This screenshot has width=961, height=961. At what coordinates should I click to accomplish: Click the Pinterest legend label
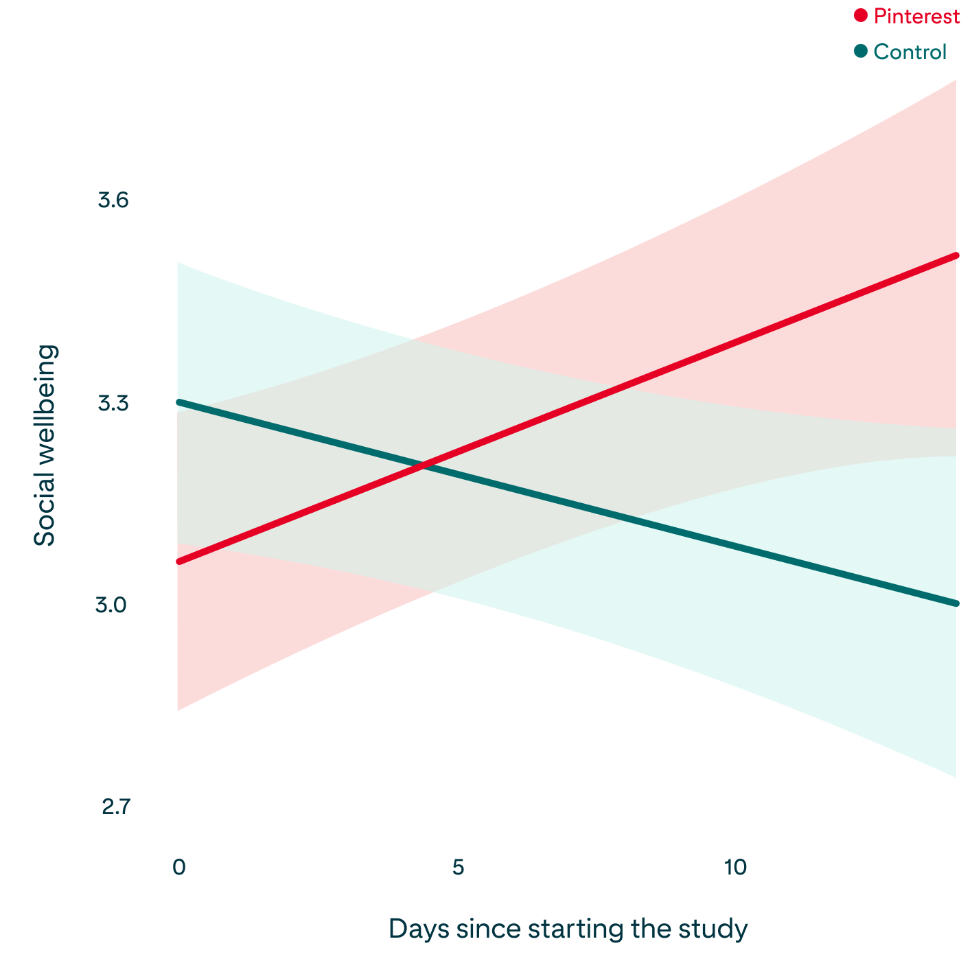pyautogui.click(x=916, y=16)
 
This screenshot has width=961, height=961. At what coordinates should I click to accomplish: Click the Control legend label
pyautogui.click(x=910, y=52)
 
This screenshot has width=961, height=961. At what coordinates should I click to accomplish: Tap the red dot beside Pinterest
pyautogui.click(x=861, y=15)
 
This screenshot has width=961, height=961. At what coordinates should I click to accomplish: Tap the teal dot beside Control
pyautogui.click(x=861, y=51)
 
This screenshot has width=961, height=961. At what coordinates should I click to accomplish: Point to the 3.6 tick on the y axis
pyautogui.click(x=113, y=200)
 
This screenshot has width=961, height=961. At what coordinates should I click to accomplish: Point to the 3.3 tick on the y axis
pyautogui.click(x=113, y=403)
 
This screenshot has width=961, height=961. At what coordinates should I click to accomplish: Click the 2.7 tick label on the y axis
pyautogui.click(x=115, y=807)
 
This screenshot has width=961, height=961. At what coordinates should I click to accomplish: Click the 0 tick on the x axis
pyautogui.click(x=178, y=867)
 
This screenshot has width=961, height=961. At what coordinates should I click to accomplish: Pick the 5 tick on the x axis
pyautogui.click(x=458, y=867)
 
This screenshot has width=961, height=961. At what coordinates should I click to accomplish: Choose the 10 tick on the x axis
pyautogui.click(x=735, y=867)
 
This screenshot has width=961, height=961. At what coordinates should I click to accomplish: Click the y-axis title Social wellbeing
pyautogui.click(x=45, y=445)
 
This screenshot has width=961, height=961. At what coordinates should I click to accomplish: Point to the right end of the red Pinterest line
pyautogui.click(x=957, y=255)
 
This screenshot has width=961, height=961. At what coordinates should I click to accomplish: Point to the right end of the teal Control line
pyautogui.click(x=957, y=603)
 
